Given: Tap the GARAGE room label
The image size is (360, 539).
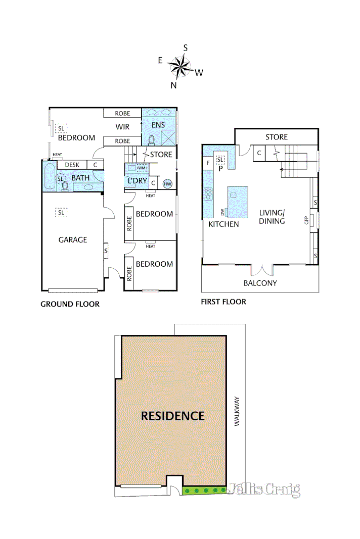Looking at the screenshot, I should [x=72, y=240].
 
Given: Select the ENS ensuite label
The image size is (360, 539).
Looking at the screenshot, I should [x=159, y=124].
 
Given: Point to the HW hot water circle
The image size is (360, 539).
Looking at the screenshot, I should [x=167, y=183].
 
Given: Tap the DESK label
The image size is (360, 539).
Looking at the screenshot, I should [x=72, y=165].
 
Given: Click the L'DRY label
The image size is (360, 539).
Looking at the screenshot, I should [x=137, y=181].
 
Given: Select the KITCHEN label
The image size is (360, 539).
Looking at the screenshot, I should [x=224, y=224].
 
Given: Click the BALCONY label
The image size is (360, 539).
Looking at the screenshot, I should [x=260, y=283].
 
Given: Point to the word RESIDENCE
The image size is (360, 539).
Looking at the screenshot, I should [x=172, y=416].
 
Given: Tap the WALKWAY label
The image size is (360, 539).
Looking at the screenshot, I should [x=236, y=412].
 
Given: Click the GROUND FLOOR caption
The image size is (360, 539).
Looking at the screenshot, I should [x=70, y=304].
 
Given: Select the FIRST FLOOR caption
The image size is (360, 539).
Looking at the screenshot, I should [x=223, y=302].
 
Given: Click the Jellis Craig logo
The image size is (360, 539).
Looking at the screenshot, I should [x=264, y=489].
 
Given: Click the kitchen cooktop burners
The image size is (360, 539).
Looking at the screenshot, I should [x=208, y=193].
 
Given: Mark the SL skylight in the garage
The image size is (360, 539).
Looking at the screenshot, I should [x=61, y=213].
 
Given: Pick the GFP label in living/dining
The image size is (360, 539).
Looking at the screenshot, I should [x=306, y=220].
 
